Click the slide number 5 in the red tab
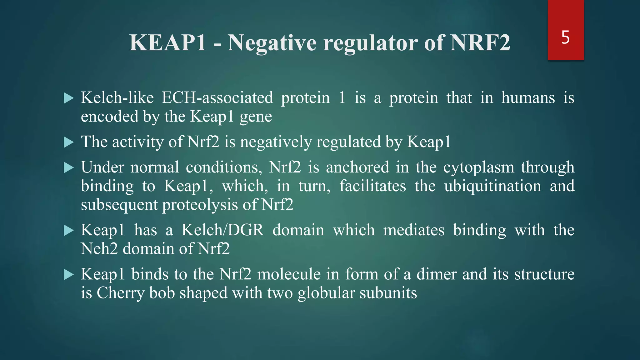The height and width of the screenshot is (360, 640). [x=565, y=37]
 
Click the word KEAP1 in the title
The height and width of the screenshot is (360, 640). [x=168, y=43]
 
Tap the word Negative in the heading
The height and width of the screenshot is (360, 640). [x=272, y=43]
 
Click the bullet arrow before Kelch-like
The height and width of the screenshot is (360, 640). [x=68, y=98]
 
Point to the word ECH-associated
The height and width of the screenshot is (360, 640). [x=217, y=98]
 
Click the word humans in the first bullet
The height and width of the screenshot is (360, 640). [x=528, y=98]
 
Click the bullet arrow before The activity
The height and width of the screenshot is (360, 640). [x=68, y=142]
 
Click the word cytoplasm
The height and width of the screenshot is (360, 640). [x=478, y=167]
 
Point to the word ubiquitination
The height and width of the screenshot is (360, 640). [x=492, y=186]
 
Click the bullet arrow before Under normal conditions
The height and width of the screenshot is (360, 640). [x=68, y=168]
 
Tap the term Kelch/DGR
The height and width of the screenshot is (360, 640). [x=222, y=230]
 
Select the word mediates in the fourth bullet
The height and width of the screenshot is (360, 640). [x=414, y=230]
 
